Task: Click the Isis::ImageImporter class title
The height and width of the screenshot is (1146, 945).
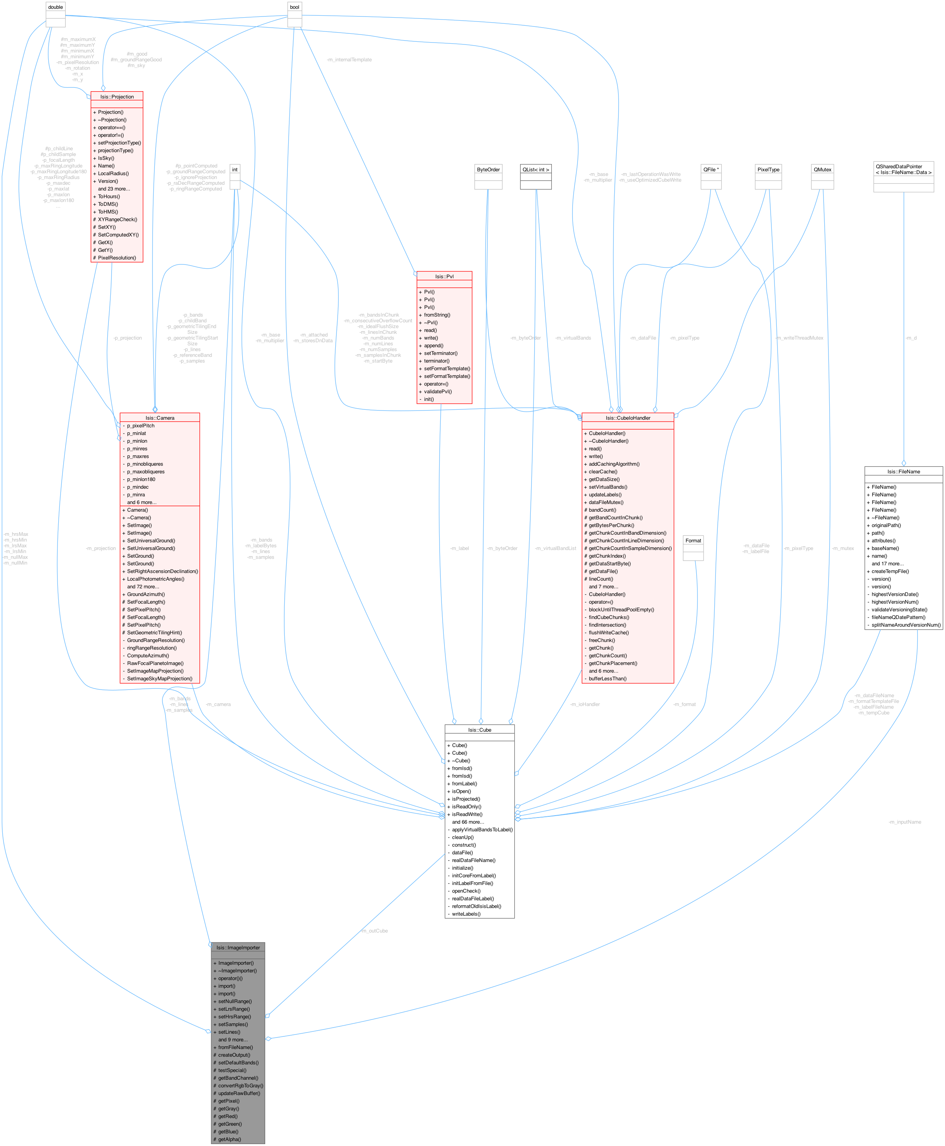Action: (x=238, y=947)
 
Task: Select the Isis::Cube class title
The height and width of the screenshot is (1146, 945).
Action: (x=479, y=729)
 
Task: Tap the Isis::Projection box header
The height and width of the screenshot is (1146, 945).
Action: (x=116, y=96)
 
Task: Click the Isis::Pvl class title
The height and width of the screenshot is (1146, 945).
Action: (x=444, y=276)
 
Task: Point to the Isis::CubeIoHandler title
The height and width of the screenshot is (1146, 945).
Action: (x=628, y=417)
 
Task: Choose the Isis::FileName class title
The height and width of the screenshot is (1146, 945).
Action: (x=903, y=471)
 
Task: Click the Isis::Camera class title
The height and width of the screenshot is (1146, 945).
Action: (x=159, y=417)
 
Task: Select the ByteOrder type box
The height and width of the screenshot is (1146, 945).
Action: (x=488, y=169)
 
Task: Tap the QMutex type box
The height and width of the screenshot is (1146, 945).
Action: (x=822, y=169)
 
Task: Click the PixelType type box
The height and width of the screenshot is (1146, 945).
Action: (x=768, y=169)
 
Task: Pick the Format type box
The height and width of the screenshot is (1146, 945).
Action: (x=693, y=540)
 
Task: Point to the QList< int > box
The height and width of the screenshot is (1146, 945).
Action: (x=536, y=169)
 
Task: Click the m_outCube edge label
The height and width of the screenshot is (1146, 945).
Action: (x=374, y=931)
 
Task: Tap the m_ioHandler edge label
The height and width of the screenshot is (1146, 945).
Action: (x=585, y=704)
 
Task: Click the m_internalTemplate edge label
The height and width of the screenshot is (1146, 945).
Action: (x=349, y=59)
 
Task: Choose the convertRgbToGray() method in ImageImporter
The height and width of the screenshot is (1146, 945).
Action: (x=240, y=1085)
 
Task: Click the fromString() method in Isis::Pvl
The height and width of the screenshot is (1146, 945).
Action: (x=436, y=315)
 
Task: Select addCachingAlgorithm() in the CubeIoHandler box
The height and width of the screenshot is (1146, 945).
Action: (x=614, y=464)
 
